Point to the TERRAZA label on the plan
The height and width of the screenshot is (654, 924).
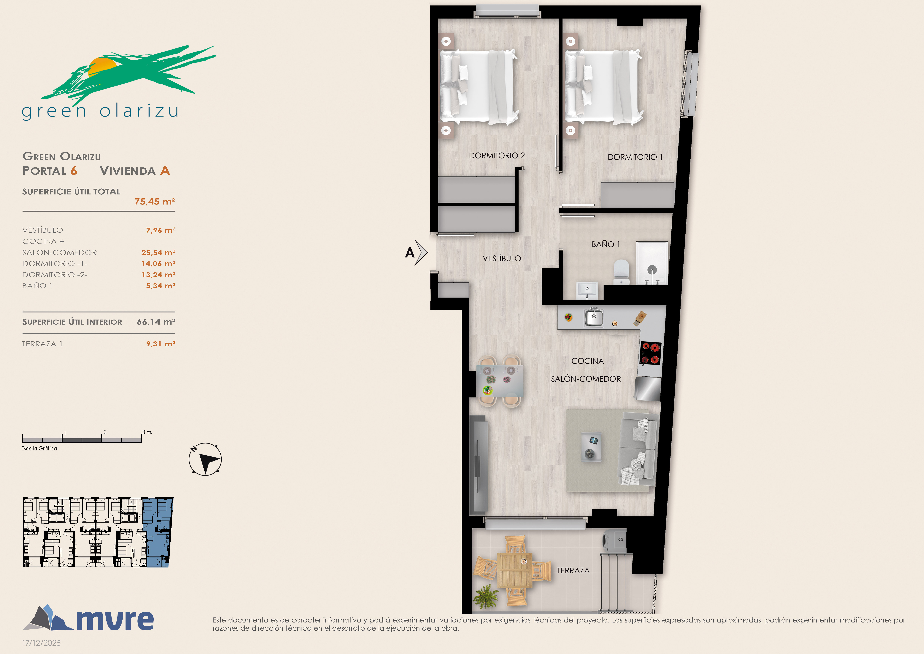coord(573,571)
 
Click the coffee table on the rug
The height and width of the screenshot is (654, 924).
coord(592,447)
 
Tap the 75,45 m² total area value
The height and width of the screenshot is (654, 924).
coord(155,201)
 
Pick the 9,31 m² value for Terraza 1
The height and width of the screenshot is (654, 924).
coord(161,344)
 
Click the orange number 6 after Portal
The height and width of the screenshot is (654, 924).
coord(74,171)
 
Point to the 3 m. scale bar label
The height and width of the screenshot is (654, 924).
coord(147,432)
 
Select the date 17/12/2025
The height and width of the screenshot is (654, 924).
coord(42,643)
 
